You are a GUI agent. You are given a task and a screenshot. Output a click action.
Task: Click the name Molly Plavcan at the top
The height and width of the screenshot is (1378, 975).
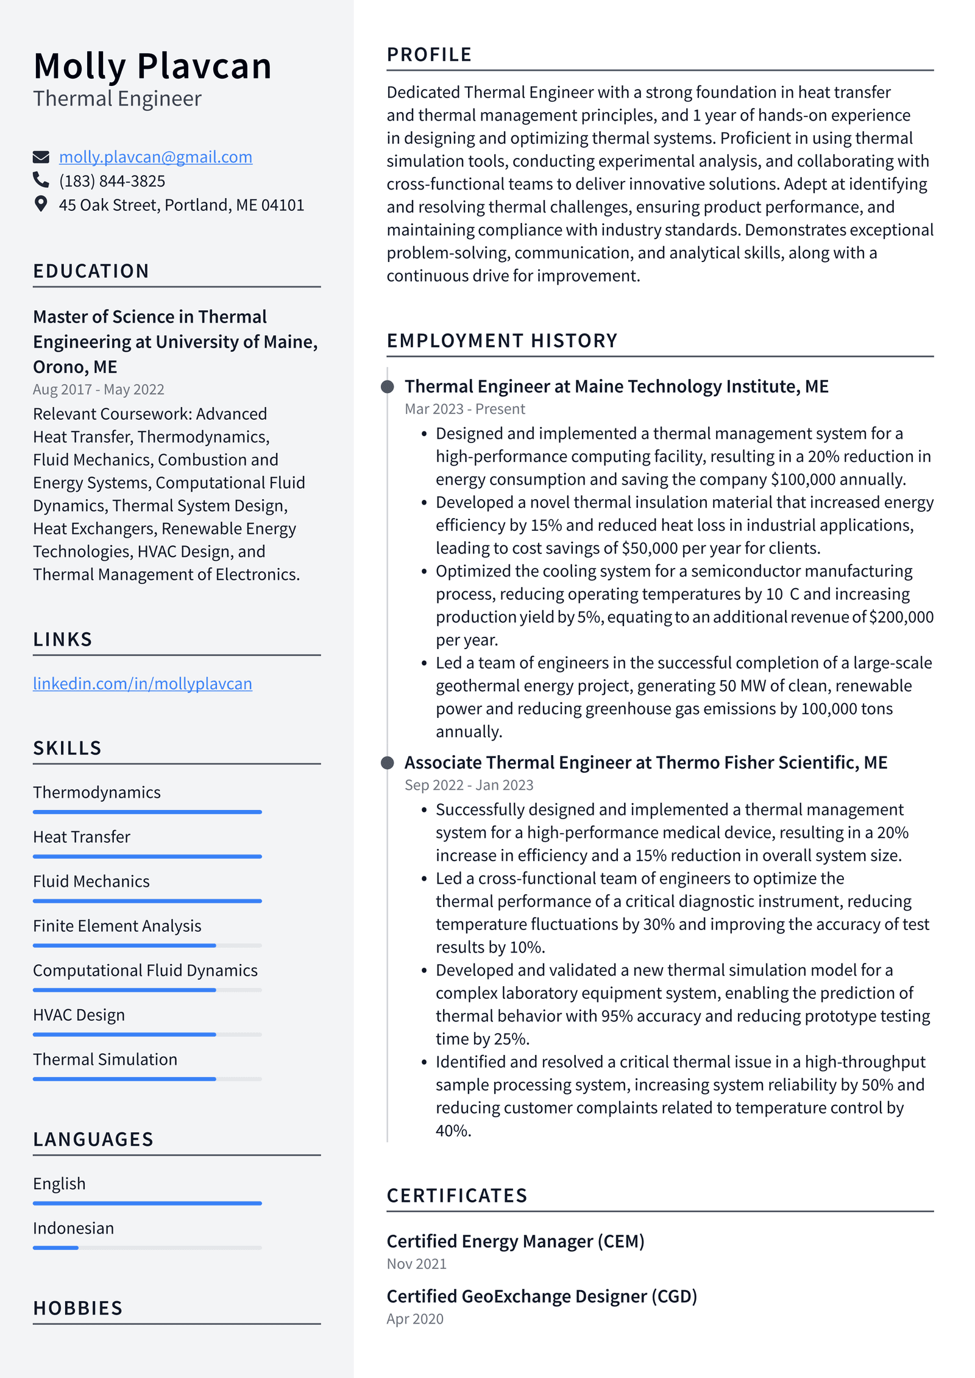coord(152,66)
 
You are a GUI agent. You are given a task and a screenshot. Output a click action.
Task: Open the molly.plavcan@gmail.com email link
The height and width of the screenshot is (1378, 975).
coord(155,157)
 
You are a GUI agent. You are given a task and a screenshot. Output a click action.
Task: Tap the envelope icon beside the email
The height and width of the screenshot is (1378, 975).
coord(41,157)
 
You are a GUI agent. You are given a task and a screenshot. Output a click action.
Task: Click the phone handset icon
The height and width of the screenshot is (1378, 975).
coord(41,180)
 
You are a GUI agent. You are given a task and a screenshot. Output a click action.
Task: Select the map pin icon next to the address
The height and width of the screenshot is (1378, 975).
coord(41,204)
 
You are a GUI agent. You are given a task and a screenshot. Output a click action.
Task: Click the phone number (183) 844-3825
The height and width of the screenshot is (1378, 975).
coord(112,181)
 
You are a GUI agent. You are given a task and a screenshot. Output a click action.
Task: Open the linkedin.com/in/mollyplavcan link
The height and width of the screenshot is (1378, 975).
coord(142,684)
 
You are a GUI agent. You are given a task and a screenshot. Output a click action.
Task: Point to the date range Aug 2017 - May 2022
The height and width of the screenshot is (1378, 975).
coord(98,389)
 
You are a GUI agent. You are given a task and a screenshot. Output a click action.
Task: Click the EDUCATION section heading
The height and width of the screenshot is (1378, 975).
coord(91,271)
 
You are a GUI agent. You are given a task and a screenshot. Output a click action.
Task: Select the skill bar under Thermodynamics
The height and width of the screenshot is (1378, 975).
coord(147,812)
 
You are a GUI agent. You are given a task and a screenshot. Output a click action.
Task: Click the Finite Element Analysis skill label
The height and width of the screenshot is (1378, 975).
coord(117,926)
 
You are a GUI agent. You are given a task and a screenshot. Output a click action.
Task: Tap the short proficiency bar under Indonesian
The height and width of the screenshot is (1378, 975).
coord(55,1248)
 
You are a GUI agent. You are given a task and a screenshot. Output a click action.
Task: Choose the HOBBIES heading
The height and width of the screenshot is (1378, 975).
coord(78,1308)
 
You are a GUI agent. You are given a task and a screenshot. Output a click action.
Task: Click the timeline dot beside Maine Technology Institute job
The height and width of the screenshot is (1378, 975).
coord(387,386)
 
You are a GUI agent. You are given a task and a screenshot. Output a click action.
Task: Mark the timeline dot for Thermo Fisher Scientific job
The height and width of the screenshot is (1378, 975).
coord(387,762)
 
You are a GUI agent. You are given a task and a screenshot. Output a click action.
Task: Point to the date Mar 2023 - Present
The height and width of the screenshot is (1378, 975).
coord(464,409)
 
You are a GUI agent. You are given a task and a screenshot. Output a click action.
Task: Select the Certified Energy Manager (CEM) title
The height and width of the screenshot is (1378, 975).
coord(515,1241)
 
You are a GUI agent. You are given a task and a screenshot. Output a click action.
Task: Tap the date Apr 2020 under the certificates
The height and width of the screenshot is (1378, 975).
coord(415,1319)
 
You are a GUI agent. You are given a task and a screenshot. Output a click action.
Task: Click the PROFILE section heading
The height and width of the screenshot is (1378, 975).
coord(429,55)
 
